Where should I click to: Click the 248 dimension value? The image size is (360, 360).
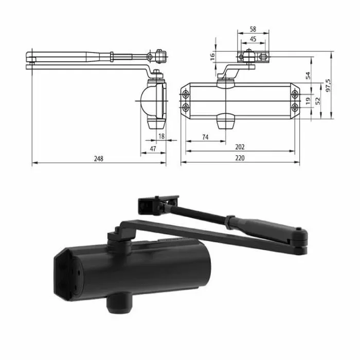(x=99, y=159)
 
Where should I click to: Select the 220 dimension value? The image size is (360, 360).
(x=240, y=159)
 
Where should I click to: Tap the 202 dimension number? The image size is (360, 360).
(x=240, y=147)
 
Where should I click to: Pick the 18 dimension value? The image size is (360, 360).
(x=160, y=136)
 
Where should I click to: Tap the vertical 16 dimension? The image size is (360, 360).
(x=213, y=57)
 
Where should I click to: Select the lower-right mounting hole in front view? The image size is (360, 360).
(x=294, y=107)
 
